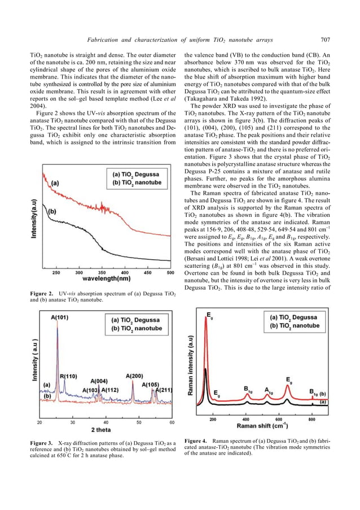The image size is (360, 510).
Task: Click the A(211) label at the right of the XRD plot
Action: tap(164, 390)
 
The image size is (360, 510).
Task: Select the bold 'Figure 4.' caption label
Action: tap(196, 440)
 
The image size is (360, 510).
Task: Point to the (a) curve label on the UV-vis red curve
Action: tap(55, 184)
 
